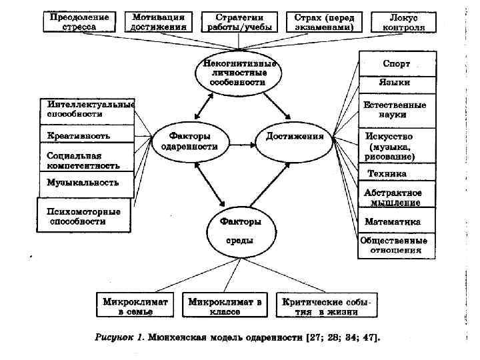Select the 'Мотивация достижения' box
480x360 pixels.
159,22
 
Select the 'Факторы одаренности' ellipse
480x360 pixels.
189,140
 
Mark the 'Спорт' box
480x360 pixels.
396,64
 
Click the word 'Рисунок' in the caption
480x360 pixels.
117,338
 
